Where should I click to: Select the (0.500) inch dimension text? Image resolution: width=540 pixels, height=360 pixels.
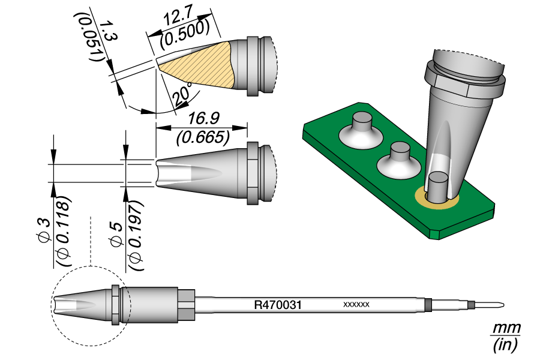(186, 36)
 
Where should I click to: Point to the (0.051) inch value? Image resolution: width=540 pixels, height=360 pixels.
(94, 42)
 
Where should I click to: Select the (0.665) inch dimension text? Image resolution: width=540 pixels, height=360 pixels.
(203, 137)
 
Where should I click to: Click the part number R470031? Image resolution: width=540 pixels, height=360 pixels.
(277, 305)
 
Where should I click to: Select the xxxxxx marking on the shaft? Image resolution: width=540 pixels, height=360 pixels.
(356, 305)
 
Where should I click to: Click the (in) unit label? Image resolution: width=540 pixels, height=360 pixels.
(505, 345)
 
